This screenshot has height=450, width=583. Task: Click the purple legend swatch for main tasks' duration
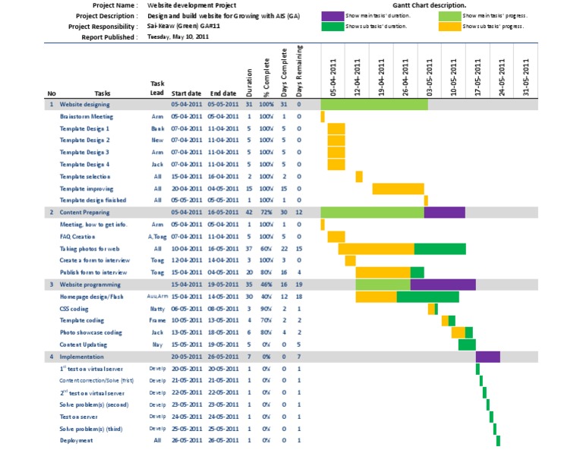tap(332, 15)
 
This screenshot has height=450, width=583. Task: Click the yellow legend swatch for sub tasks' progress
tap(449, 26)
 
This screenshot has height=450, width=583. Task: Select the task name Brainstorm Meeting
tap(87, 116)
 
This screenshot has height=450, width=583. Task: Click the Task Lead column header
tap(157, 88)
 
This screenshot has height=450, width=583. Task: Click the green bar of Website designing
tap(374, 104)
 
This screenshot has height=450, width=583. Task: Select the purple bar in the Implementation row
tap(487, 357)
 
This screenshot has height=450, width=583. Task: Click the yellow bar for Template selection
tap(359, 177)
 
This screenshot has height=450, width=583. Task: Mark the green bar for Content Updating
tap(467, 345)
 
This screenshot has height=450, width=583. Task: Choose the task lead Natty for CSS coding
tap(157, 309)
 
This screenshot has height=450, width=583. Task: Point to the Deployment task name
tap(77, 440)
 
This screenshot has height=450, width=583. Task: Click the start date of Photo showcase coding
tap(186, 332)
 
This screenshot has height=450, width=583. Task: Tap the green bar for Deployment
tap(498, 441)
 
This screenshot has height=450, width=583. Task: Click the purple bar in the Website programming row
tap(443, 285)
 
